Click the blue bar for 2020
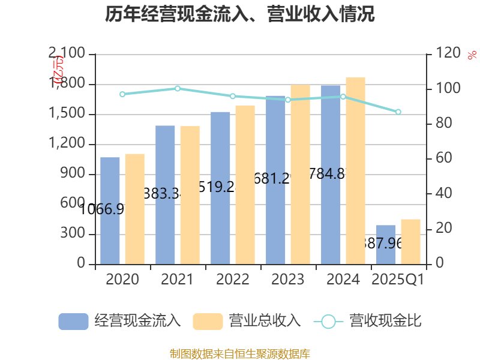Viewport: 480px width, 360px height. pyautogui.click(x=110, y=210)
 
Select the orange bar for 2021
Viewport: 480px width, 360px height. pyautogui.click(x=190, y=195)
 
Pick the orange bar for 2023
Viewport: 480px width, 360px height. pyautogui.click(x=300, y=174)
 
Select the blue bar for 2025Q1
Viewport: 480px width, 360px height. pyautogui.click(x=386, y=244)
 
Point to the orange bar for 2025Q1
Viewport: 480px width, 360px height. pyautogui.click(x=410, y=241)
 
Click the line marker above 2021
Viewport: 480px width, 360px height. pyautogui.click(x=178, y=88)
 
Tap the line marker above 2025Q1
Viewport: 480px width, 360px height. pyautogui.click(x=398, y=112)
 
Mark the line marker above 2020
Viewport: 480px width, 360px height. pyautogui.click(x=122, y=94)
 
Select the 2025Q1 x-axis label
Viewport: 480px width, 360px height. pyautogui.click(x=398, y=280)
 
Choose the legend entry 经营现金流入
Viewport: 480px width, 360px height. pyautogui.click(x=120, y=321)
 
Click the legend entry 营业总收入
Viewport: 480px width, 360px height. pyautogui.click(x=246, y=321)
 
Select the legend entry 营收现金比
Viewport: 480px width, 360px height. pyautogui.click(x=368, y=321)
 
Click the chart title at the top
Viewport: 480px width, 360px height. pyautogui.click(x=240, y=14)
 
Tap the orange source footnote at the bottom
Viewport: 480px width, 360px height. pyautogui.click(x=240, y=353)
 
